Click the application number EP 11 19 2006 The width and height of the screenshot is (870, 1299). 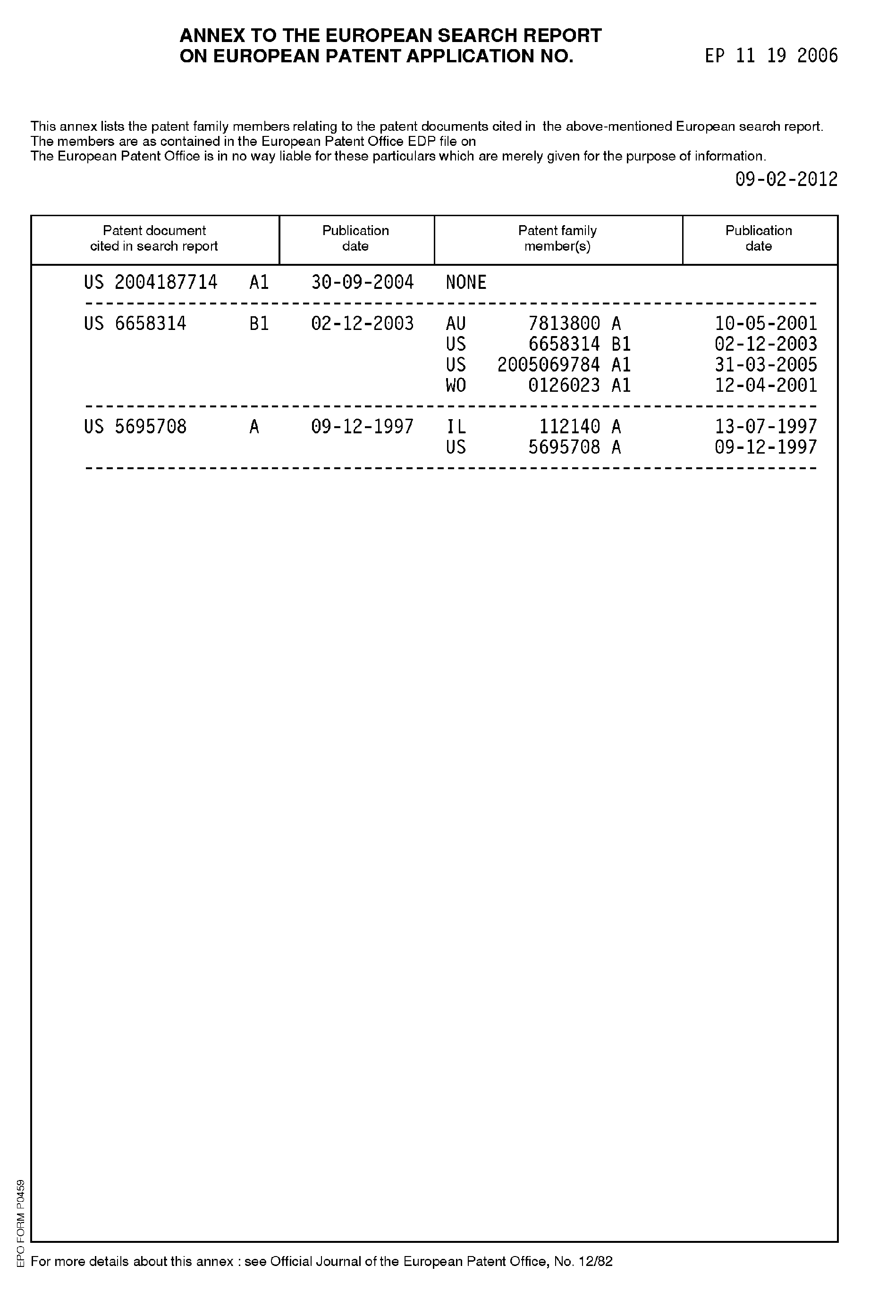[771, 56]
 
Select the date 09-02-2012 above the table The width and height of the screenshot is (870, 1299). [786, 179]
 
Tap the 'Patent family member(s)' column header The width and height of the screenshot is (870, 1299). [557, 238]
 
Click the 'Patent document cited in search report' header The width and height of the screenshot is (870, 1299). [154, 238]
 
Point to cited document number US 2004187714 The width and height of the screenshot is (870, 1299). [151, 282]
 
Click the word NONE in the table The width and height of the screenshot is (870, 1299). [466, 282]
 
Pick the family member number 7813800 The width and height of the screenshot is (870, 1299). [564, 323]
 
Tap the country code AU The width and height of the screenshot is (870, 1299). [456, 323]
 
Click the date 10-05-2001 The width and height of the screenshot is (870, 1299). [766, 323]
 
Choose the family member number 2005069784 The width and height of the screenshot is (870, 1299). [548, 365]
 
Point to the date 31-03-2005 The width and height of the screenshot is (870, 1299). [766, 365]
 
